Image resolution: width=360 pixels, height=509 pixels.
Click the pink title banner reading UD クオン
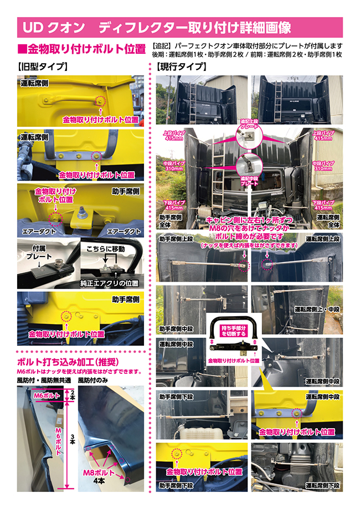click(180, 27)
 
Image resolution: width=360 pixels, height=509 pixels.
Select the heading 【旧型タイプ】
click(43, 67)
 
